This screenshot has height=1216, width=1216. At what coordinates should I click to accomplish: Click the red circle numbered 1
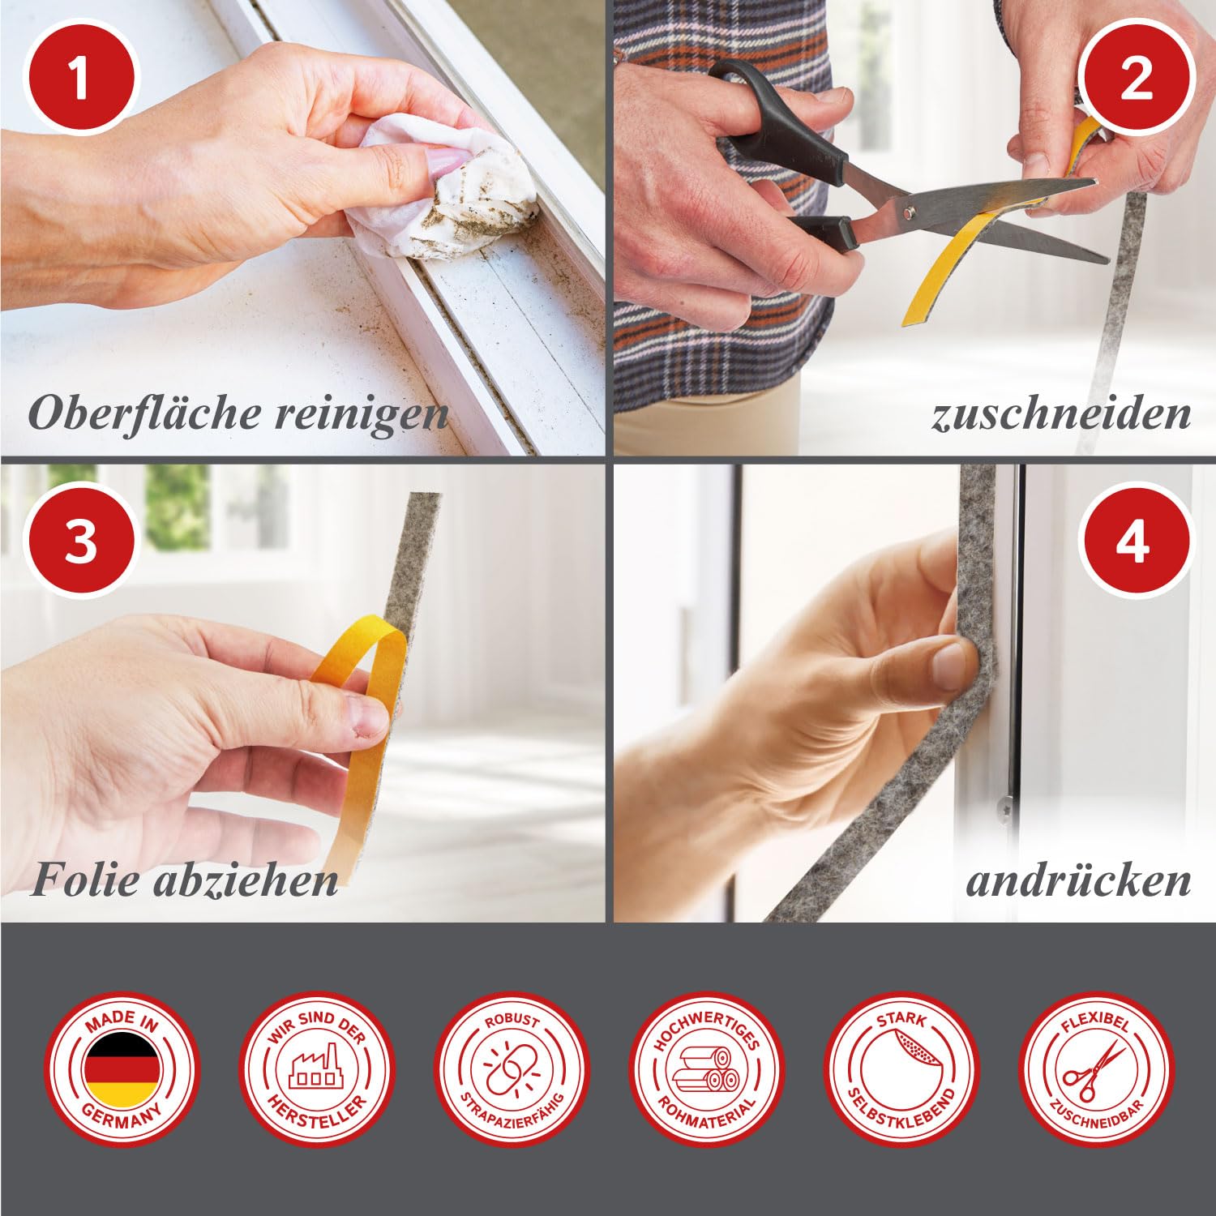click(79, 79)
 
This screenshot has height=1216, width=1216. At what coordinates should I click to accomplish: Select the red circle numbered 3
click(79, 542)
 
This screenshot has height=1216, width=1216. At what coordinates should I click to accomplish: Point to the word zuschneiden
click(1061, 413)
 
